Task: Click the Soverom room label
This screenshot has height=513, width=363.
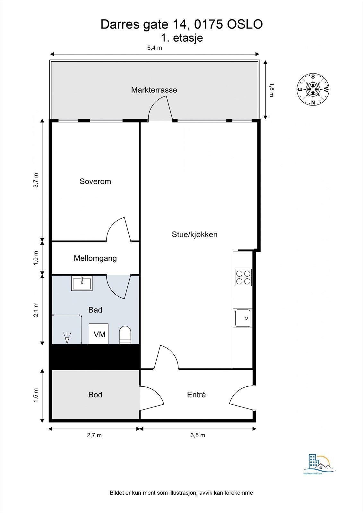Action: pyautogui.click(x=95, y=181)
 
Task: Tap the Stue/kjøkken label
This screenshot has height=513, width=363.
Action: pyautogui.click(x=194, y=234)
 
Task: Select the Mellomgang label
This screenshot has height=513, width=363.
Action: pyautogui.click(x=95, y=258)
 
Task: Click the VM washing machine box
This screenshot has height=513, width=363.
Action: pyautogui.click(x=99, y=334)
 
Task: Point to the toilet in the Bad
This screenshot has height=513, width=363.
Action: pyautogui.click(x=125, y=335)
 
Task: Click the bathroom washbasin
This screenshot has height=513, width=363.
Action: pyautogui.click(x=82, y=283)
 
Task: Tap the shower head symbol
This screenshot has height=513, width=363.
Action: pyautogui.click(x=67, y=338)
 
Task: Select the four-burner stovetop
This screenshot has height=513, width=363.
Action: pyautogui.click(x=243, y=278)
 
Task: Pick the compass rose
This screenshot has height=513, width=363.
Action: pyautogui.click(x=313, y=89)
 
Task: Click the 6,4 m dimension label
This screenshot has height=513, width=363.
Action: pyautogui.click(x=155, y=48)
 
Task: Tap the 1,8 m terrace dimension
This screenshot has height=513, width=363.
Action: pyautogui.click(x=272, y=90)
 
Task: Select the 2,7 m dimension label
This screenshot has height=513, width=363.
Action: pyautogui.click(x=94, y=435)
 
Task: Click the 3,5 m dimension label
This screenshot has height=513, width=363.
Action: pyautogui.click(x=198, y=435)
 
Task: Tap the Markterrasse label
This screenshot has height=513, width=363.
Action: pyautogui.click(x=154, y=90)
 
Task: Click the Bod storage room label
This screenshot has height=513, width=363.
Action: pyautogui.click(x=95, y=395)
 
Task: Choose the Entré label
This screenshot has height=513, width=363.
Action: pyautogui.click(x=196, y=395)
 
